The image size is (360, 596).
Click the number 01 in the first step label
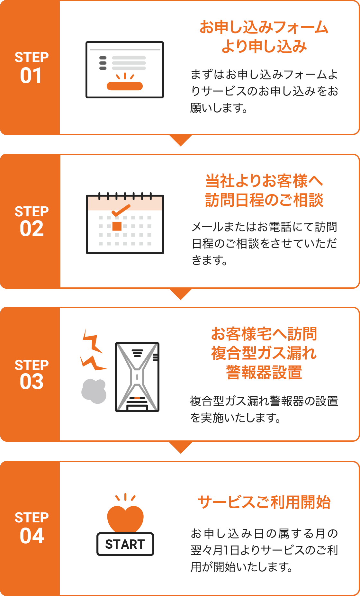(31, 76)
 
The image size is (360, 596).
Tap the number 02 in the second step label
(32, 229)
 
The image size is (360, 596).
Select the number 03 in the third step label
(32, 382)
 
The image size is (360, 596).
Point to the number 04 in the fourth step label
(32, 536)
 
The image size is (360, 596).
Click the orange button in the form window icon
(125, 86)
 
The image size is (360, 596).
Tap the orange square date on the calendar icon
(117, 226)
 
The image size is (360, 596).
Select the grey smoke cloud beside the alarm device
(94, 391)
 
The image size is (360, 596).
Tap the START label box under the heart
(125, 544)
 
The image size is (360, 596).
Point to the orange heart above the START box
(125, 518)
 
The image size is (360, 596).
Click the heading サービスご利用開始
(264, 502)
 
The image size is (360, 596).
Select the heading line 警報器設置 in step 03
(264, 372)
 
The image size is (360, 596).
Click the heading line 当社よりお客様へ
(264, 181)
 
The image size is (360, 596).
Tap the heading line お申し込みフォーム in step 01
(264, 27)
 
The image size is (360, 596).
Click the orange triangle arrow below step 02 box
(181, 293)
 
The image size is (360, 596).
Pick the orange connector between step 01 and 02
(181, 141)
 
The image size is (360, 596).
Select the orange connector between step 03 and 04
(181, 447)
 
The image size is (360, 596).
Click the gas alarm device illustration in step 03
(137, 377)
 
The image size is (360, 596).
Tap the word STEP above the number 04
(32, 518)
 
